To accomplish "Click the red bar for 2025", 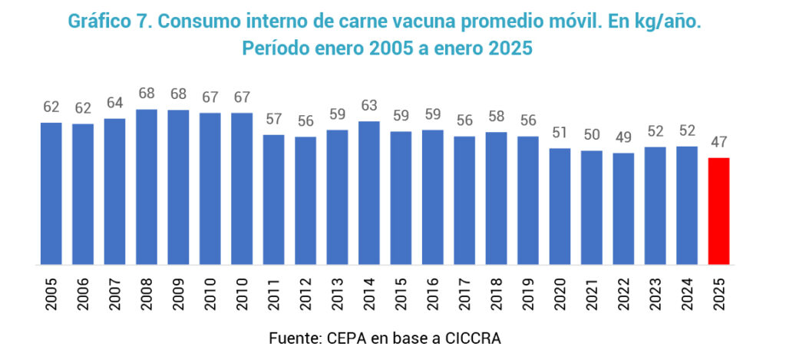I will pyautogui.click(x=718, y=211).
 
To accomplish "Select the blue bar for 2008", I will pyautogui.click(x=146, y=187).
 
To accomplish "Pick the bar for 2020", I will pyautogui.click(x=560, y=206).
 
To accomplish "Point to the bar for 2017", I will pyautogui.click(x=464, y=201).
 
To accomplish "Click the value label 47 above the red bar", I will pyautogui.click(x=718, y=142).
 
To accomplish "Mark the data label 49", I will pyautogui.click(x=623, y=137).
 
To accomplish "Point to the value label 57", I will pyautogui.click(x=273, y=119).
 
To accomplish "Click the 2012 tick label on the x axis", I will pyautogui.click(x=305, y=295).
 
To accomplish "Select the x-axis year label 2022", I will pyautogui.click(x=623, y=295).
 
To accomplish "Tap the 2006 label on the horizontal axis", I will pyautogui.click(x=83, y=295).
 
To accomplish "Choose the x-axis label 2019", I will pyautogui.click(x=528, y=295).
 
